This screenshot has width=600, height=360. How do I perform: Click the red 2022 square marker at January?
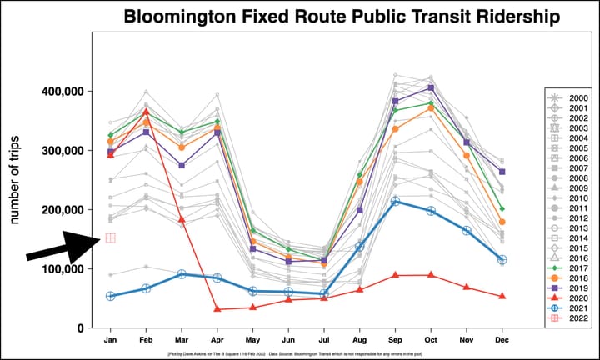point(110,238)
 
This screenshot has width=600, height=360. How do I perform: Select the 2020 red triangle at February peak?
point(146,112)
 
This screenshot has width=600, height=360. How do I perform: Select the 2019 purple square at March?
point(182,165)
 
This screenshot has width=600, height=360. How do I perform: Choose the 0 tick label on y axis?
point(82,328)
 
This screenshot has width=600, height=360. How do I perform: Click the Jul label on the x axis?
point(324,340)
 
